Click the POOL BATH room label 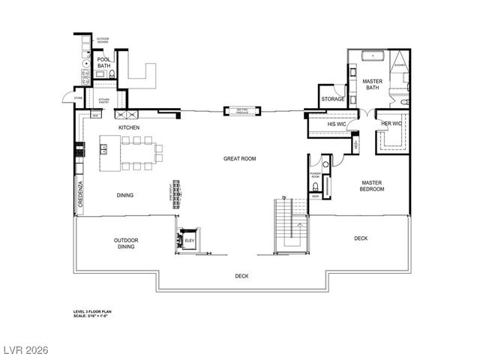point(103,63)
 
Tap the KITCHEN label point(129,128)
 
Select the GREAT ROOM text point(240,158)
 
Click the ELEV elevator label point(190,240)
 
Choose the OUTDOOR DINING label point(126,244)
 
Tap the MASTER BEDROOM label point(372,186)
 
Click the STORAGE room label point(333,99)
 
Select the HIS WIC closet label point(337,124)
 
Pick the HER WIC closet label point(391,124)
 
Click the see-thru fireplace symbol point(242,111)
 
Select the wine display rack point(178,195)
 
